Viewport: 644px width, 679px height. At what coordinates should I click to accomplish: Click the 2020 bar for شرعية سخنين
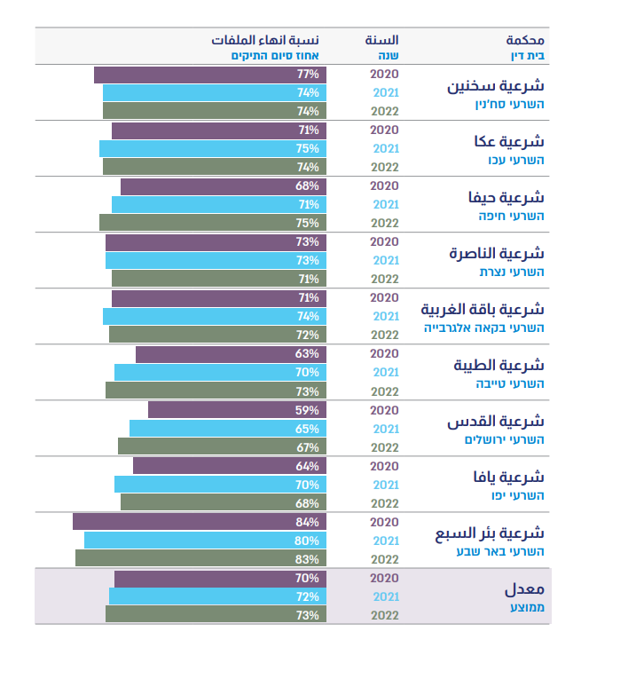210,75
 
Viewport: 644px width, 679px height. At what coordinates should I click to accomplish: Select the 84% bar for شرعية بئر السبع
200,522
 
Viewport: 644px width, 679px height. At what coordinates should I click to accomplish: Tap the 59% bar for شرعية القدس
237,410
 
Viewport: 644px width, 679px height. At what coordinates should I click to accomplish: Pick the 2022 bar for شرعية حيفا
213,223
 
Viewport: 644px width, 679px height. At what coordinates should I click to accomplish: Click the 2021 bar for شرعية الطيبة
220,373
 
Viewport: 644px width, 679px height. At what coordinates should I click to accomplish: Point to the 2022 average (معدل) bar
216,614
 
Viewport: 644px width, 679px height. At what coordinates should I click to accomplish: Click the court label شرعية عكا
509,141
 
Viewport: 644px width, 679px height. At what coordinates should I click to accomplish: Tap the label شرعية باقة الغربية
483,310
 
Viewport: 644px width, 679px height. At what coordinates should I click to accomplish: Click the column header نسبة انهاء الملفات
265,40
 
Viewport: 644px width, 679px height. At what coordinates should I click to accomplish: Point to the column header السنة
382,40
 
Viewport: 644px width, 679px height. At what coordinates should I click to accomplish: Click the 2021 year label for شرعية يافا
385,485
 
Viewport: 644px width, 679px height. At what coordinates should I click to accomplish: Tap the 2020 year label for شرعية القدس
385,410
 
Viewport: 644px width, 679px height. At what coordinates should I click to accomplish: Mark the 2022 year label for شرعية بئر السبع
385,559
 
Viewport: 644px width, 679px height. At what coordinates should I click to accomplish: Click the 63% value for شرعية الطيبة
307,354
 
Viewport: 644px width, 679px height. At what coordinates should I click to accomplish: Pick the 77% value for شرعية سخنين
308,75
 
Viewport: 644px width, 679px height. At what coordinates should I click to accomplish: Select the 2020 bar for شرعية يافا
229,466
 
